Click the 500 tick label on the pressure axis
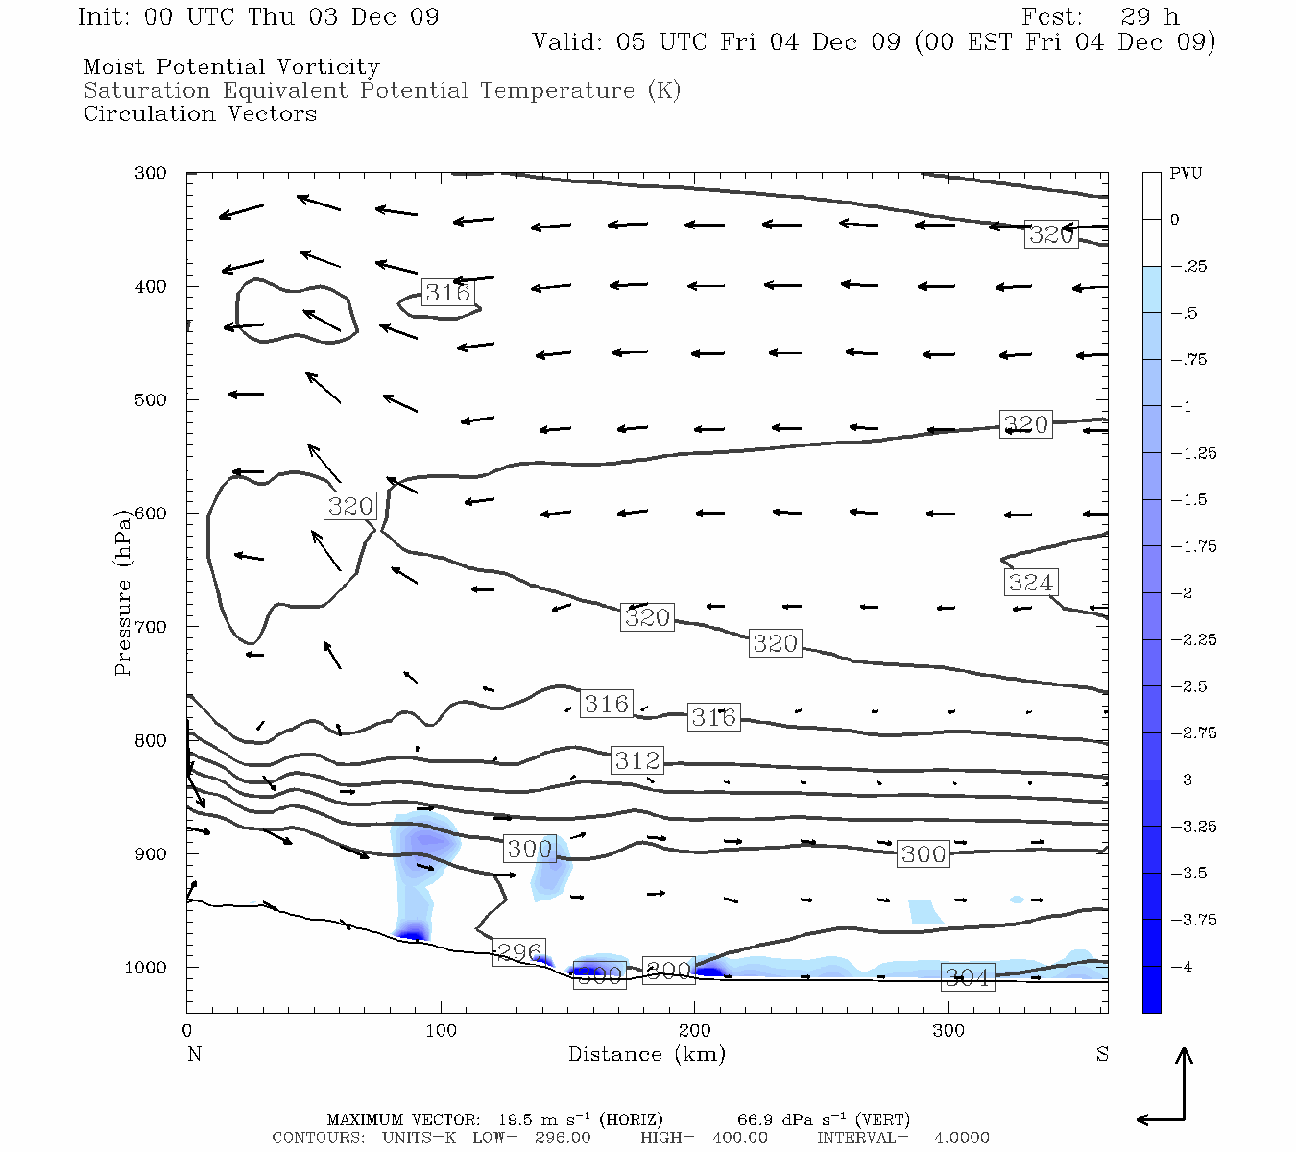tap(150, 399)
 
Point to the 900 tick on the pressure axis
tap(150, 853)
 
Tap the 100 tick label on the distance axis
tap(441, 1031)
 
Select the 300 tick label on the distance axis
tap(948, 1031)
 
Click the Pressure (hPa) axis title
tap(122, 592)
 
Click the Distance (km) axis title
tap(646, 1054)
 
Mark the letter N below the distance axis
tap(194, 1054)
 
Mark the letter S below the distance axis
tap(1102, 1054)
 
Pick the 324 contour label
tap(1030, 583)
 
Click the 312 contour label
tap(637, 760)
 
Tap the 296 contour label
tap(519, 952)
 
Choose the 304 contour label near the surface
tap(967, 977)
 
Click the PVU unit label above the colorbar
tap(1186, 174)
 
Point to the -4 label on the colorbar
tap(1181, 967)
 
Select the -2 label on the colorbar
tap(1181, 593)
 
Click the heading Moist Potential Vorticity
tap(231, 67)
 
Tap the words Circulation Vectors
tap(200, 114)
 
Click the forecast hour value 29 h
tap(1149, 17)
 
